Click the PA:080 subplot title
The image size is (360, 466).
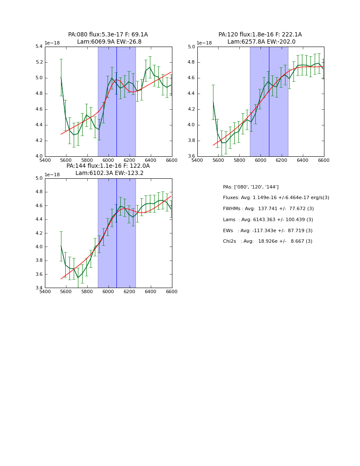(x=108, y=38)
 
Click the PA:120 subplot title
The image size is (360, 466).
(x=260, y=38)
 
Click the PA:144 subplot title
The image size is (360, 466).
(x=108, y=169)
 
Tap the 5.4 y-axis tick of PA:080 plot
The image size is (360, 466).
(x=39, y=47)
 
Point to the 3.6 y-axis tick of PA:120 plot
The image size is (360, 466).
(x=191, y=156)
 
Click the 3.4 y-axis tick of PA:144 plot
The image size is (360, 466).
(x=39, y=288)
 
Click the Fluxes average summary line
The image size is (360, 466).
(x=276, y=198)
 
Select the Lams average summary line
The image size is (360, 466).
(x=268, y=220)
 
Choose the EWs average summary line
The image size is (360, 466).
(x=268, y=230)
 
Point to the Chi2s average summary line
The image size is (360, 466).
(x=268, y=241)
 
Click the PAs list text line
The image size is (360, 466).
(x=251, y=187)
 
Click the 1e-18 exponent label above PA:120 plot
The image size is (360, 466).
(x=204, y=43)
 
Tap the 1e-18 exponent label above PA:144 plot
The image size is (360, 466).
(x=52, y=175)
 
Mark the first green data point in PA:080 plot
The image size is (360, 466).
(x=61, y=77)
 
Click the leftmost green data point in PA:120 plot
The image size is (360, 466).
(x=213, y=102)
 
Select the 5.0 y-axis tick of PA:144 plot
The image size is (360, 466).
(x=39, y=178)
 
